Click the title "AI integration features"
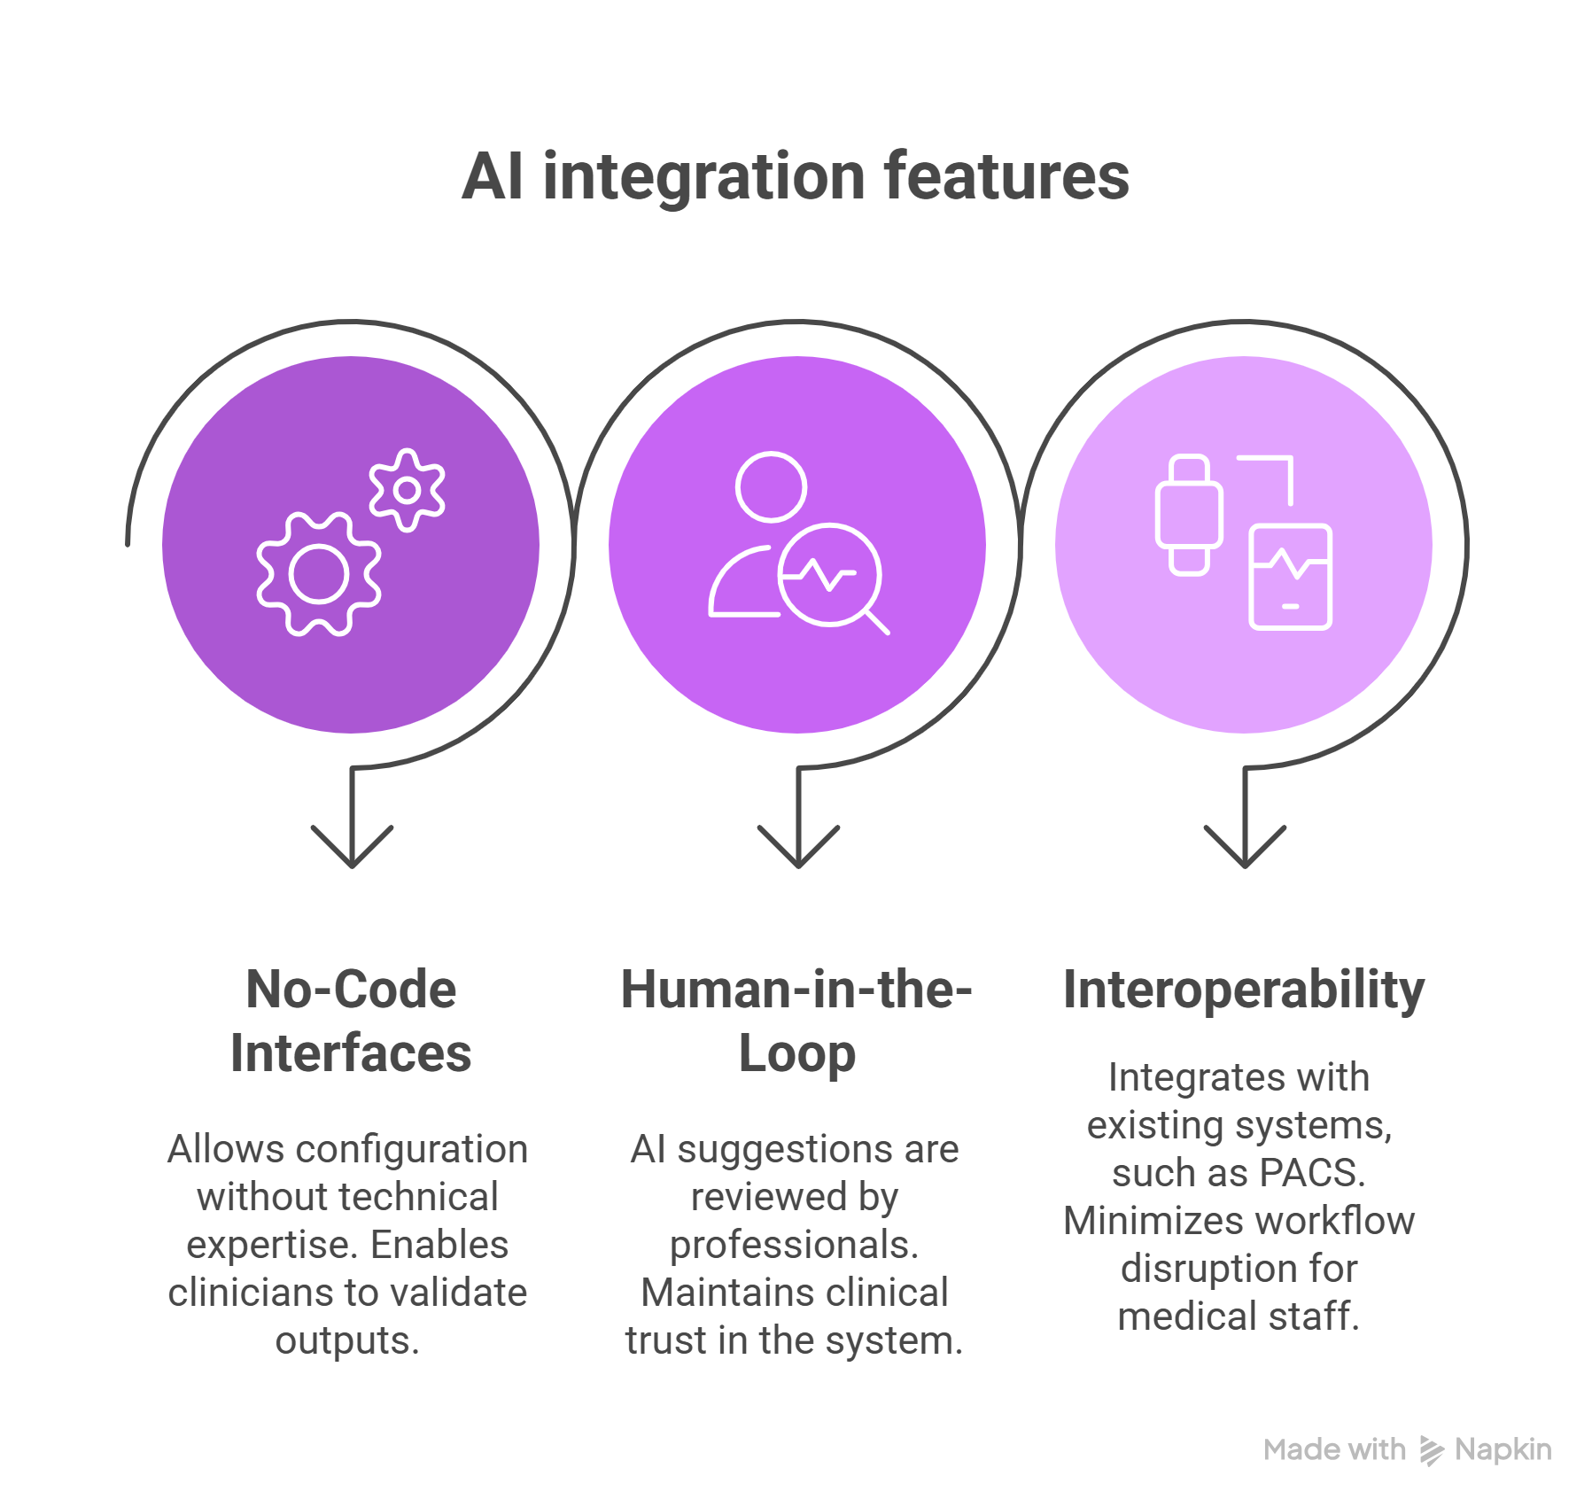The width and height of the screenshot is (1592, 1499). click(795, 176)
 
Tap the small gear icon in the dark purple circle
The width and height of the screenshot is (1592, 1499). click(407, 490)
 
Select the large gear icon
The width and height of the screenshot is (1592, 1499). click(319, 574)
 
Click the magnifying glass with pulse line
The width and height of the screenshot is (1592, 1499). click(829, 575)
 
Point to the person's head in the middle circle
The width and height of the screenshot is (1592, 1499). click(771, 486)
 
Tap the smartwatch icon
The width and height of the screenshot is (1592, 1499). click(1189, 515)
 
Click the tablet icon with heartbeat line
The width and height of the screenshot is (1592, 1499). click(1290, 577)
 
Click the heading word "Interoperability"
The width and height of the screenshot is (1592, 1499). click(1244, 989)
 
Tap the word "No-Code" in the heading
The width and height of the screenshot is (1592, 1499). click(351, 989)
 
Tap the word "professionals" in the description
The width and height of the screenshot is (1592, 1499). click(788, 1245)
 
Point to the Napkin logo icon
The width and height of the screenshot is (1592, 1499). click(1432, 1450)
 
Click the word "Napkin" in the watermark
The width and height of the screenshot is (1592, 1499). click(1503, 1449)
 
